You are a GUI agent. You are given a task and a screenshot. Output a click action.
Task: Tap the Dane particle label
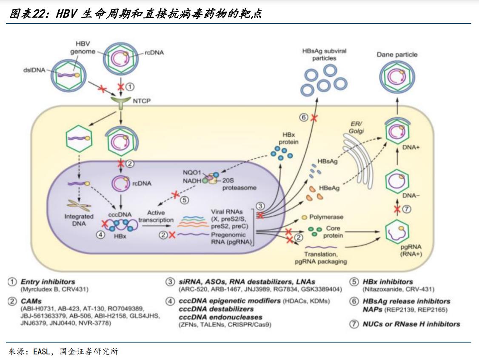(x=397, y=54)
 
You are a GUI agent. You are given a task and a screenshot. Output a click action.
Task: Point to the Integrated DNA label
(x=79, y=220)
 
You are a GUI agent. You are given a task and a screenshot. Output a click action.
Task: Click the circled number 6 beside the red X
(x=303, y=118)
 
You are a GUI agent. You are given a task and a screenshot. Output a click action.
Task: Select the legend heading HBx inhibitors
(x=388, y=282)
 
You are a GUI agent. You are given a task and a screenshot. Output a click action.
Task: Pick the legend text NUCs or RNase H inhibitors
(x=411, y=324)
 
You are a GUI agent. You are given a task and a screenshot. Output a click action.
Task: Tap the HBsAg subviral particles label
(x=324, y=54)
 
